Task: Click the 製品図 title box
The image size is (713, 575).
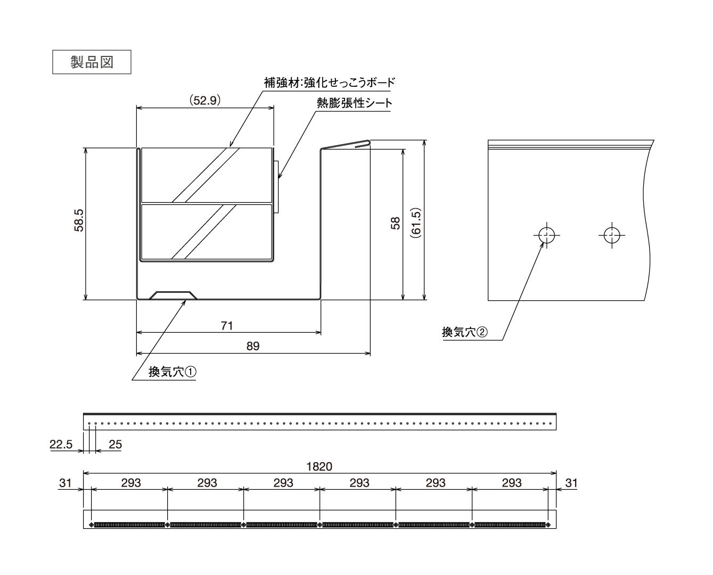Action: [92, 62]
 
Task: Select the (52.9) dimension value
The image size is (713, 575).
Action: [205, 100]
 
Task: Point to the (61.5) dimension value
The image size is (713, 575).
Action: [416, 223]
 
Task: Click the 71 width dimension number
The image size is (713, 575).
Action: [227, 325]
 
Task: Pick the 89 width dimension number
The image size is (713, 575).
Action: [253, 346]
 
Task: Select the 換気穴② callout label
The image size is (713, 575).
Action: [464, 332]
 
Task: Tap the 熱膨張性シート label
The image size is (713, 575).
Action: [354, 103]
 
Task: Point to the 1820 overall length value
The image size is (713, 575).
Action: [319, 466]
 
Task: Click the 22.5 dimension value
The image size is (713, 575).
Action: [61, 445]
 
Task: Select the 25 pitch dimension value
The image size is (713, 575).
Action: [115, 445]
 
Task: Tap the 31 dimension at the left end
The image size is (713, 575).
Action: [65, 483]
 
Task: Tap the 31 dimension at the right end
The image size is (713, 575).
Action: [571, 483]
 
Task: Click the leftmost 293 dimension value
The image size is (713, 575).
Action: [131, 483]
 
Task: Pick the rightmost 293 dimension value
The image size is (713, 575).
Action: [512, 483]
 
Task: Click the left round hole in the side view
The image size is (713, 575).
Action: [546, 235]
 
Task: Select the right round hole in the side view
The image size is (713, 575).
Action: [612, 235]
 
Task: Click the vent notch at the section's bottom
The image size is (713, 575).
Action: [173, 295]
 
